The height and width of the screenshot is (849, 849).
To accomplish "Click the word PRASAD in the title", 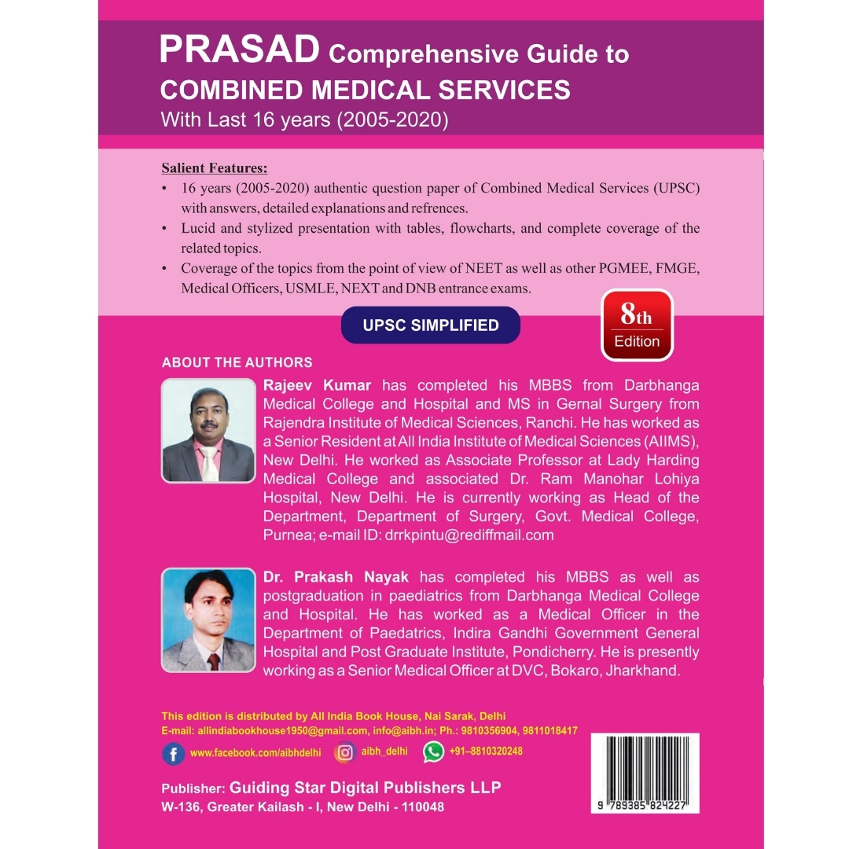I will pos(239,50).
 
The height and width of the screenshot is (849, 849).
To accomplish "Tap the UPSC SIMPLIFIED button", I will pos(431,325).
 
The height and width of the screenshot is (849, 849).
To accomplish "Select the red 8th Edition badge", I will pos(637,325).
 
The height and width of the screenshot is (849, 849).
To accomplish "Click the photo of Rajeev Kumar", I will pos(208,430).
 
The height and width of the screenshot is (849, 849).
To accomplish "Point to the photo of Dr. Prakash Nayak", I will pos(208,620).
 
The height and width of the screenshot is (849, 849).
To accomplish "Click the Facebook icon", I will pos(173,753).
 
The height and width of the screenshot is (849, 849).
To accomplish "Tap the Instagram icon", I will pos(344,752).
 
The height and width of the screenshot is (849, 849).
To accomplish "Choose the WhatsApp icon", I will pos(433,752).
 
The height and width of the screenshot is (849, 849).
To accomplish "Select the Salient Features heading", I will pos(214,168).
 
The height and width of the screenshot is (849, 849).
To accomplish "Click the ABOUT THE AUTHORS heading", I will pos(237,362).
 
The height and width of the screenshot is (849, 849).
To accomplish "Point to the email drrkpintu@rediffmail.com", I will pos(469,535).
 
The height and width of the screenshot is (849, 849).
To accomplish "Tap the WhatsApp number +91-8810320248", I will pos(486,752).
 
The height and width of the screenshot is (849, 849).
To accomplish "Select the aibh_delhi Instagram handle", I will pos(384,752).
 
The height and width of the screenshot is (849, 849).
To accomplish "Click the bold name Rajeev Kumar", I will pos(317,385).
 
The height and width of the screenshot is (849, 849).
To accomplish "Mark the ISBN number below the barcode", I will pos(644,807).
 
